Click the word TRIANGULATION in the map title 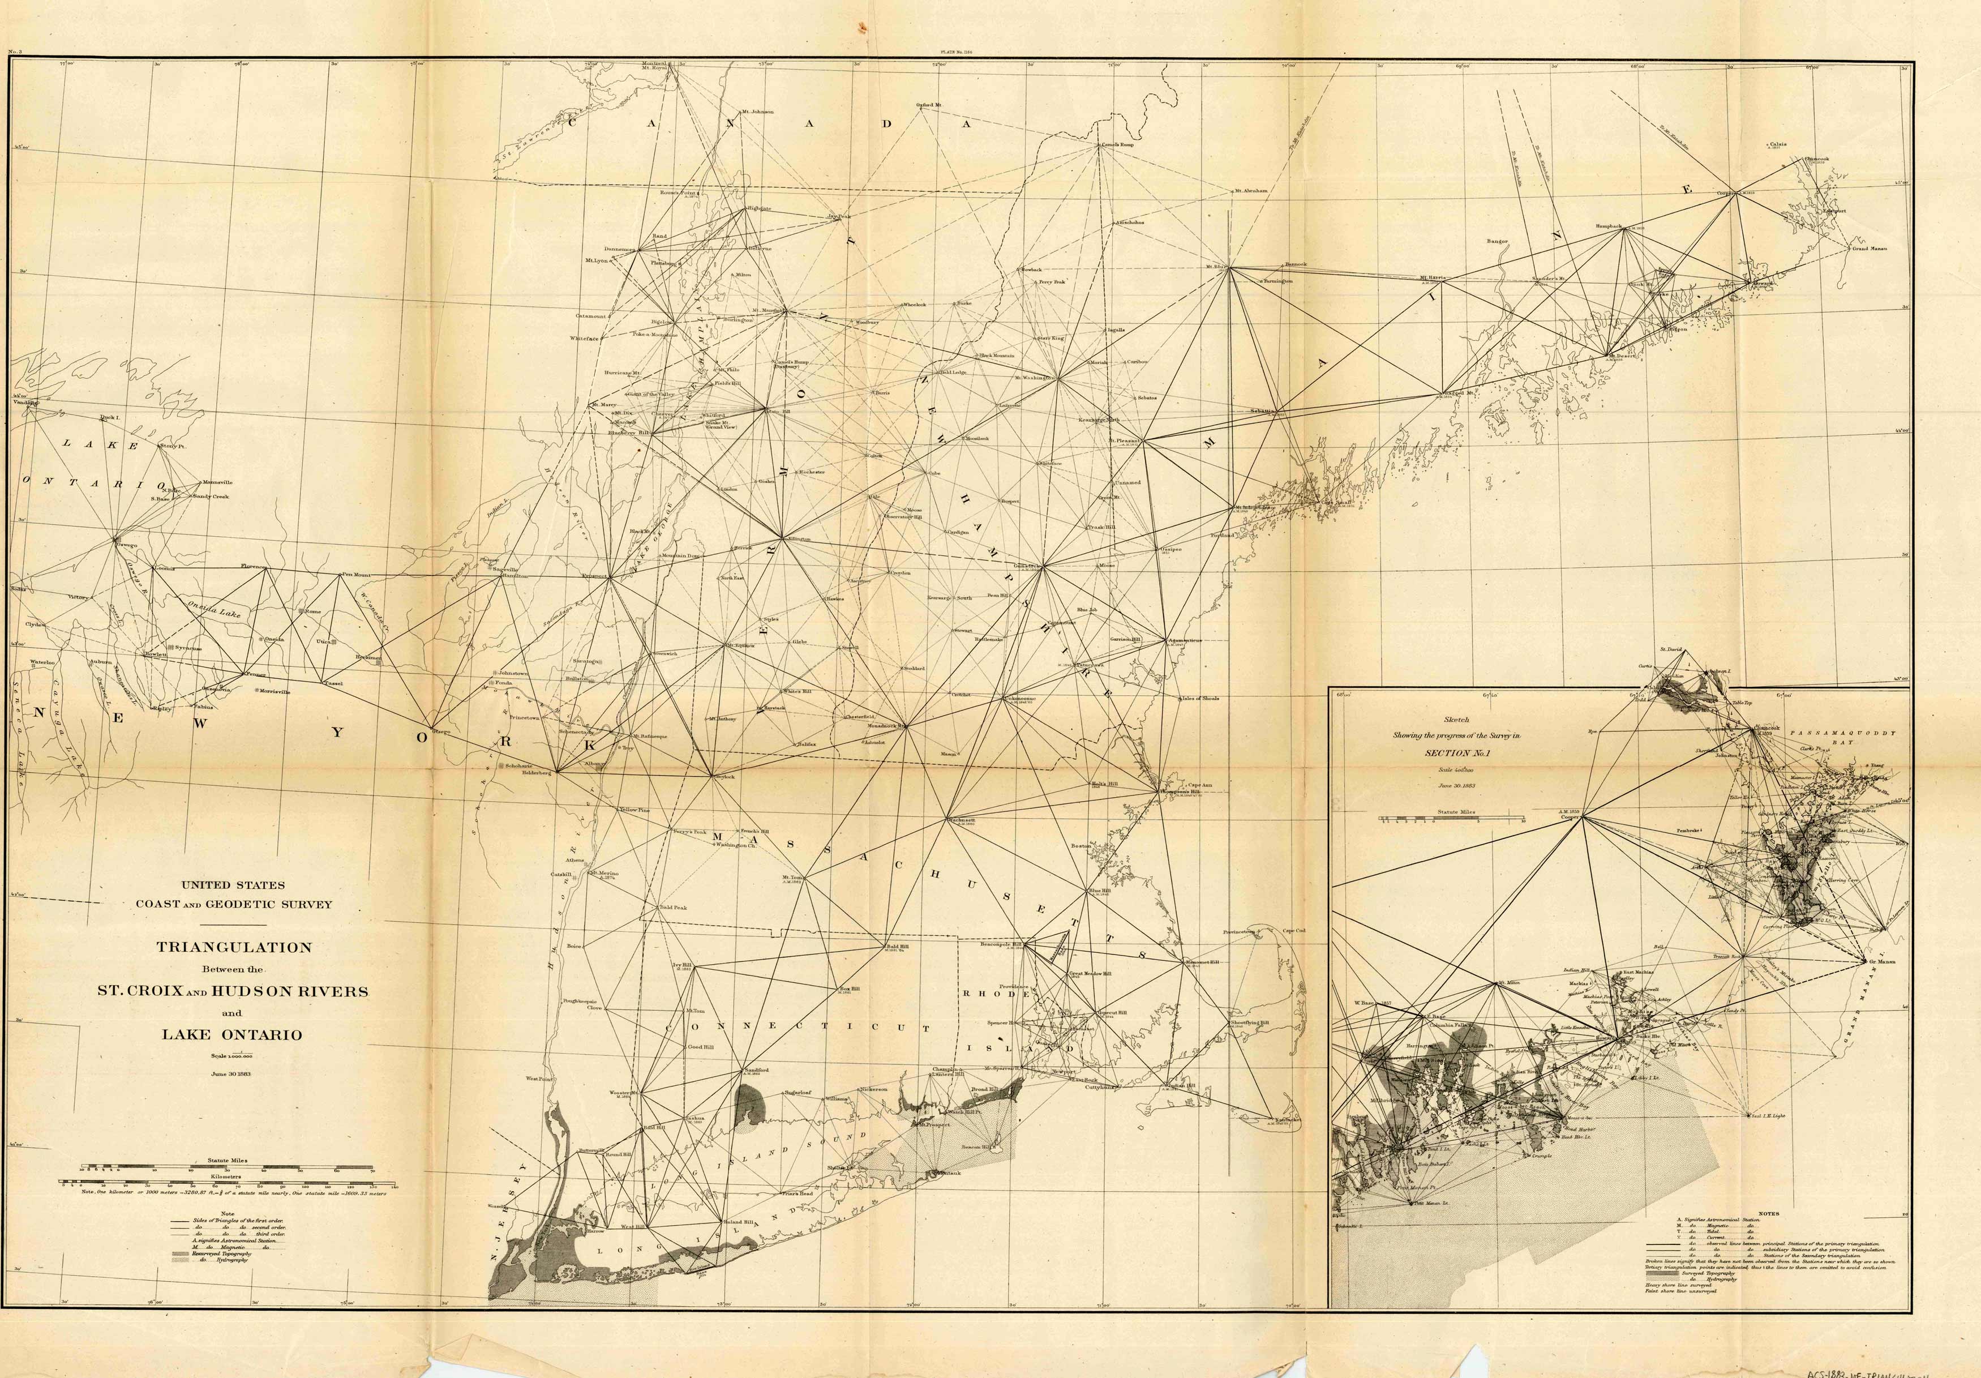[x=234, y=947]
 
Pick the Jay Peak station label [x=839, y=217]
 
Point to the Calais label [x=1778, y=145]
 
